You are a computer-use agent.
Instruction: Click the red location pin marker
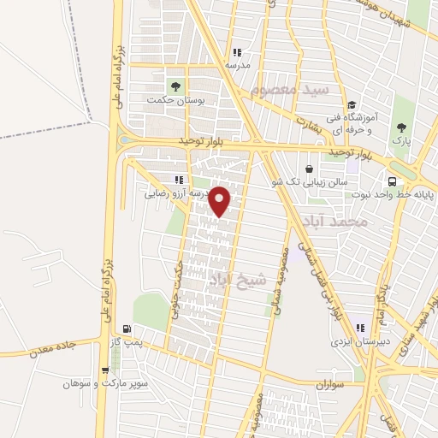click(220, 200)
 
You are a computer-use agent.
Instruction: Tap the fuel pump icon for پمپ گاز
click(127, 328)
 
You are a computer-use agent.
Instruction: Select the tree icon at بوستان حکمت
click(175, 86)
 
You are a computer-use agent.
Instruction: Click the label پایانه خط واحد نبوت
click(393, 194)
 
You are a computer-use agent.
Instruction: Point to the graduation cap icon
click(352, 105)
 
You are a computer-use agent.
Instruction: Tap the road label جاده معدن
click(52, 348)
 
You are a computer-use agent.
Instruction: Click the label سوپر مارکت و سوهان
click(105, 384)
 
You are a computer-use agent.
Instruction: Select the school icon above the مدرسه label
click(237, 52)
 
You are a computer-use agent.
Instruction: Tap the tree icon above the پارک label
click(402, 127)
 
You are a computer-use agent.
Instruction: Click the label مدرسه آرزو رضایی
click(176, 194)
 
